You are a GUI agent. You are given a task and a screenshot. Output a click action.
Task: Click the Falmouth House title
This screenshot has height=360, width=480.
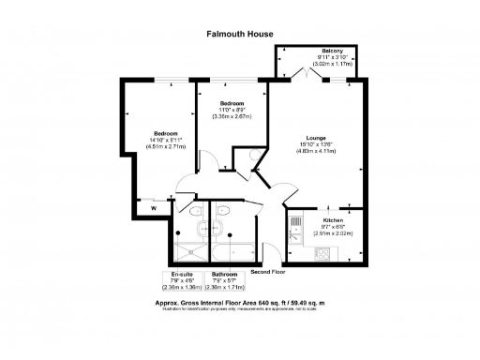pos(240,34)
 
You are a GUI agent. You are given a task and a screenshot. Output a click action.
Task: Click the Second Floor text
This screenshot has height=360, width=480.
pos(268,270)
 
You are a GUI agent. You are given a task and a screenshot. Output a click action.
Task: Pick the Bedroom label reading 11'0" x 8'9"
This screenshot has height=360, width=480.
pos(232,102)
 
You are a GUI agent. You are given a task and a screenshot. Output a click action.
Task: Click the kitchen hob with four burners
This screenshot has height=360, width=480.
pos(322,253)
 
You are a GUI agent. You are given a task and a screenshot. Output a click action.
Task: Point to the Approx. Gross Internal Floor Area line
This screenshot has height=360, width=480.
pos(240,304)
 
